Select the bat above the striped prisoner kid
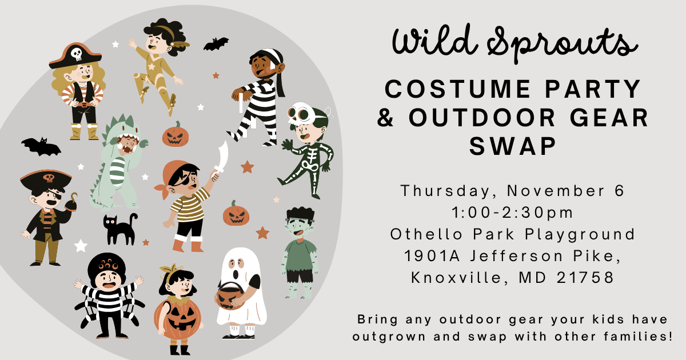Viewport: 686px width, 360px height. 216,44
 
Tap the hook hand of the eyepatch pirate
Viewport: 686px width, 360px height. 73,200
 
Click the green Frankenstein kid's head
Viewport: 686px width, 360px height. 298,223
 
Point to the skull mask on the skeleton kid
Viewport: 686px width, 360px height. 299,115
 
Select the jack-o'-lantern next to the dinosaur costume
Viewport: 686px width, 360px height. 176,135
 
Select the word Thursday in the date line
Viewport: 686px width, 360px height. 449,191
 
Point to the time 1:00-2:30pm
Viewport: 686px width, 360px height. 513,213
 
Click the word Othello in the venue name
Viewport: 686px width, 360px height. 424,234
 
